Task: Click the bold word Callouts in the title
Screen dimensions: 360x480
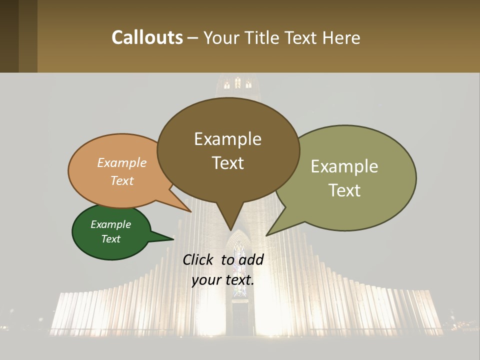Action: click(147, 37)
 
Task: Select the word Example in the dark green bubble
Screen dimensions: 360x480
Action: click(110, 224)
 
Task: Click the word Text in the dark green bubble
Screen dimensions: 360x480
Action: click(110, 239)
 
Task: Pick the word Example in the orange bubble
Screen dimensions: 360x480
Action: click(122, 162)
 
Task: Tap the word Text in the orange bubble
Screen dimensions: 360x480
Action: click(122, 180)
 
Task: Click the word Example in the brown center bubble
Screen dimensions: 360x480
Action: click(227, 139)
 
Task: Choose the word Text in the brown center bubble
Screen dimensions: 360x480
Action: click(227, 163)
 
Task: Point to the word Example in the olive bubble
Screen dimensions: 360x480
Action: click(344, 166)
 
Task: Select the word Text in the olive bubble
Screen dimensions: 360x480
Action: click(344, 190)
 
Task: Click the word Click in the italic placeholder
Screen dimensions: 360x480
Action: click(198, 259)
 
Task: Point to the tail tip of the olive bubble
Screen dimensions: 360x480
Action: click(267, 234)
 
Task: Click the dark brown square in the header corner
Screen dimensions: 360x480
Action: click(9, 36)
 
